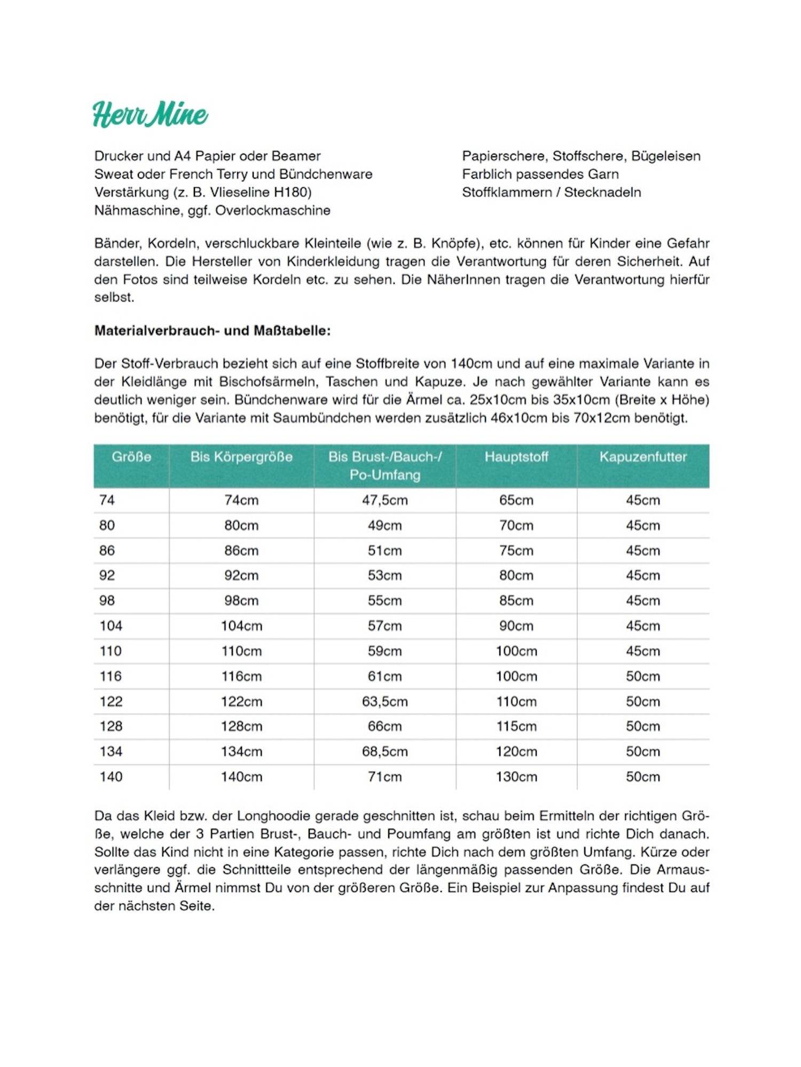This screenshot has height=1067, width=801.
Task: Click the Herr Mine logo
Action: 151,114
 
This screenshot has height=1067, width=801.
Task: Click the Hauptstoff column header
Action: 516,457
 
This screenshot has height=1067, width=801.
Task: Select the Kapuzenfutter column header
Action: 643,457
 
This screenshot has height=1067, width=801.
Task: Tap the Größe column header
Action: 131,457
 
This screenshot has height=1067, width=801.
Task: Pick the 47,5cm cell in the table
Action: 384,500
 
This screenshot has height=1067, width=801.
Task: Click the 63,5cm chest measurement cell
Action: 384,701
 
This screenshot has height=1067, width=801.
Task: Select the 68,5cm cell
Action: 384,751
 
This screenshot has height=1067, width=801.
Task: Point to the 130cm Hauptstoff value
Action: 516,777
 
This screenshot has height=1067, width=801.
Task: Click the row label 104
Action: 111,626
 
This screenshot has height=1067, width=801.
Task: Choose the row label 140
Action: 111,777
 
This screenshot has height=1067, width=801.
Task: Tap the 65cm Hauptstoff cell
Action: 516,500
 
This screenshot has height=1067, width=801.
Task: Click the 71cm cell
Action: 384,777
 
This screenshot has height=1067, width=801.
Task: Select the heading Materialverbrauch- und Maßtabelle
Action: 213,331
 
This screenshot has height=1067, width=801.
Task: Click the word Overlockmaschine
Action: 273,211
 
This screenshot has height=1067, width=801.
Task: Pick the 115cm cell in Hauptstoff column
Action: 516,726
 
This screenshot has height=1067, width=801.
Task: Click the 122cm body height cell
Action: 241,701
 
